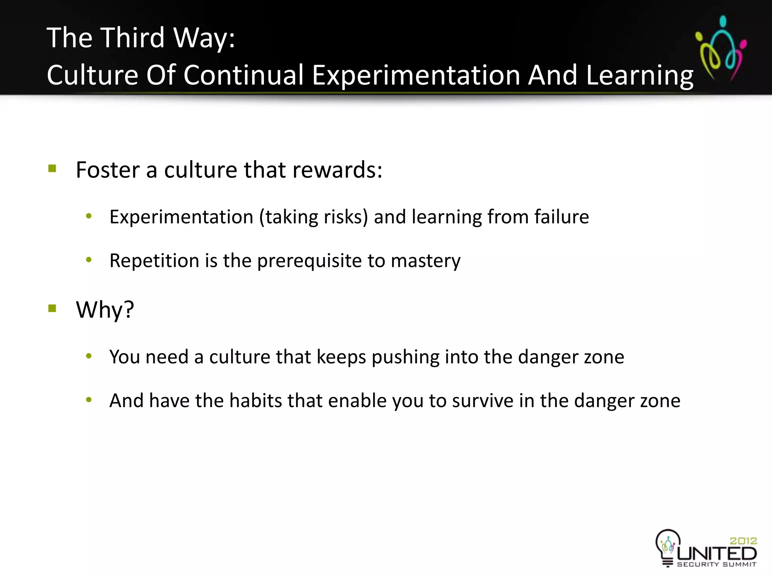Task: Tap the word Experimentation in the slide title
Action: click(416, 75)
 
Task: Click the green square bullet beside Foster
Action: click(52, 168)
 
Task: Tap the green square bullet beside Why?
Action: click(52, 309)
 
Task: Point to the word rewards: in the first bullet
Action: click(337, 170)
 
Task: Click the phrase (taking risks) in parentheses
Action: click(313, 217)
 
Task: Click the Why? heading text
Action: click(105, 310)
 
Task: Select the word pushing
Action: click(405, 357)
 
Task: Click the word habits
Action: click(256, 401)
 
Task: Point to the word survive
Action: click(482, 401)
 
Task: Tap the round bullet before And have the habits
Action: click(89, 400)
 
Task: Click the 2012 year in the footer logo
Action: click(743, 541)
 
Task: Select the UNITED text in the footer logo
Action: click(717, 553)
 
